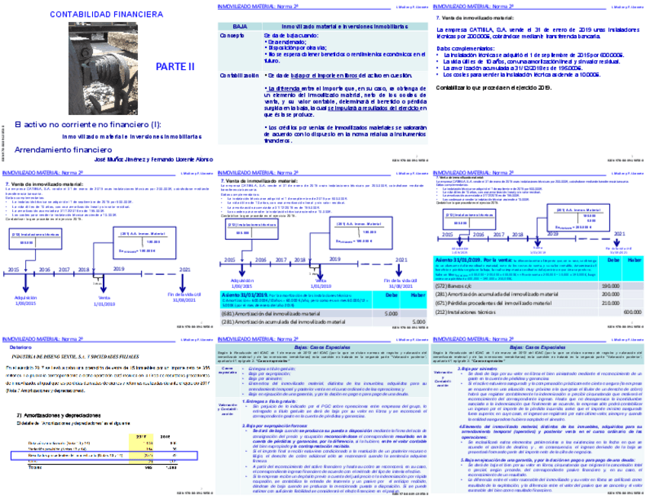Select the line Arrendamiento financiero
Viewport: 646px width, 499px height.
[x=58, y=150]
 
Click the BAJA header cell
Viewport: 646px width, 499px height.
[x=239, y=25]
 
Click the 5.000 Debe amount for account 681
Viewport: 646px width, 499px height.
[x=391, y=312]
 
